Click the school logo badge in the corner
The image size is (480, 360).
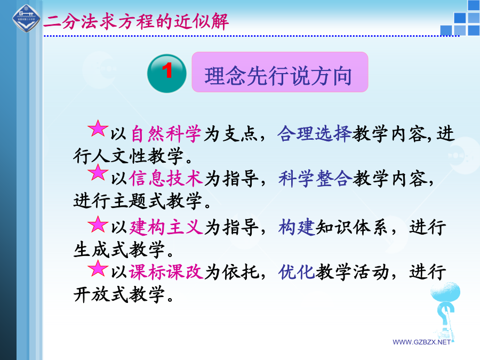[26, 18]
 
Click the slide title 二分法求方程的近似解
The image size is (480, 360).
[136, 22]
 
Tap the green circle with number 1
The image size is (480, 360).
[167, 74]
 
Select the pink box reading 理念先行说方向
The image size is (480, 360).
[280, 72]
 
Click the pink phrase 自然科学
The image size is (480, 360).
[166, 134]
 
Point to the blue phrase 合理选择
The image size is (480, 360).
[314, 134]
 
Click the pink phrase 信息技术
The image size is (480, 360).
[166, 178]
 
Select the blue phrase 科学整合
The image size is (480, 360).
[315, 178]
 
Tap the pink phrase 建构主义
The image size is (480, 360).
[166, 227]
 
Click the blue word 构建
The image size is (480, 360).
[297, 227]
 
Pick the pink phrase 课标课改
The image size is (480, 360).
[166, 271]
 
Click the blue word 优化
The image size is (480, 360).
[297, 271]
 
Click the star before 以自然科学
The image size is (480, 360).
[98, 128]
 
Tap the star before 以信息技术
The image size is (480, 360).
[98, 172]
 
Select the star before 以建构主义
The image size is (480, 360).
[98, 225]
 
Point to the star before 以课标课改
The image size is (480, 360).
[98, 269]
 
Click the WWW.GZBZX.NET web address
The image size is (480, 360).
[421, 342]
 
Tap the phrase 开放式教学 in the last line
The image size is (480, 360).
[119, 294]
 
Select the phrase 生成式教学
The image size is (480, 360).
[119, 250]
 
